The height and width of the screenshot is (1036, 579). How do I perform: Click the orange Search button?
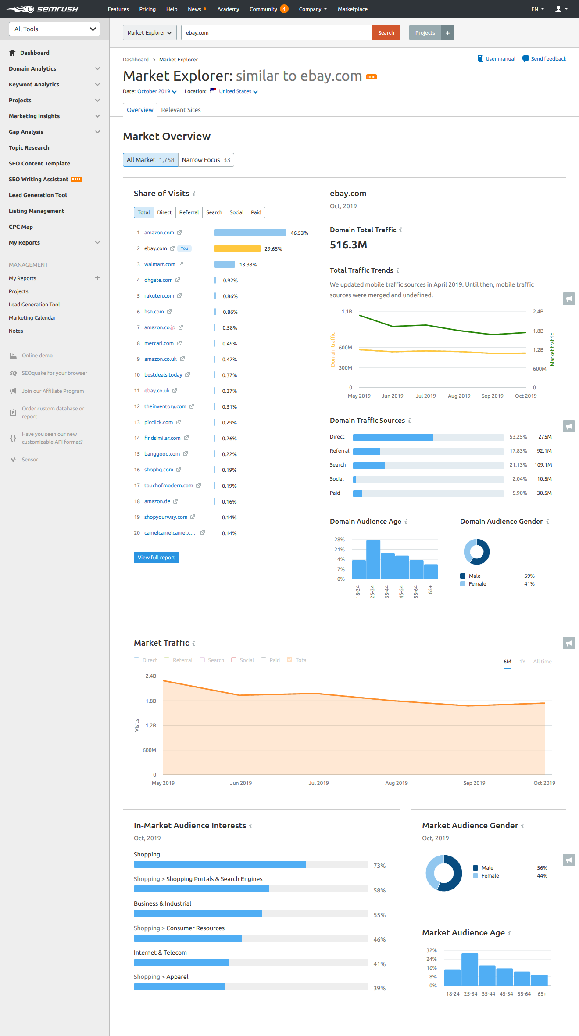point(386,33)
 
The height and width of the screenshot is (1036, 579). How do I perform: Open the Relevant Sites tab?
point(181,110)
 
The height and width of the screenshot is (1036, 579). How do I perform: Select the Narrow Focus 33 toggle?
point(206,160)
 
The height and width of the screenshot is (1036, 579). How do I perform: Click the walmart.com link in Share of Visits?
point(160,264)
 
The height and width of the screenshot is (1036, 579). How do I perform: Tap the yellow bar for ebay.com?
point(237,248)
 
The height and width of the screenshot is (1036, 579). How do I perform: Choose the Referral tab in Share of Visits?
point(189,212)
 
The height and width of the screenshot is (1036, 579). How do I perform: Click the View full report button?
point(156,558)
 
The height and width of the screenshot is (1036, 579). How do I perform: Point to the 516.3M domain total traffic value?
point(348,245)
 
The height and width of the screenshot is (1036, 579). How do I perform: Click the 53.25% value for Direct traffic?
point(518,437)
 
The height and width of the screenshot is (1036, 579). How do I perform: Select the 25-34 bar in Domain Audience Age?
point(373,560)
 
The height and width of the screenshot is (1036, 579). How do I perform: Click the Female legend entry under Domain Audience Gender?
point(477,584)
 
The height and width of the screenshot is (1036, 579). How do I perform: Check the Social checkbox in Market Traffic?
point(234,660)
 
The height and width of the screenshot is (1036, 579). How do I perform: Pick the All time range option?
point(542,662)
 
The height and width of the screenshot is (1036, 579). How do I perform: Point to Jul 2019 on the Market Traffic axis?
point(318,783)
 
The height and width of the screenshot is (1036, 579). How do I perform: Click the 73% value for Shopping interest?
point(379,866)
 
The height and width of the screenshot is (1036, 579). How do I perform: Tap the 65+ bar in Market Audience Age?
point(539,980)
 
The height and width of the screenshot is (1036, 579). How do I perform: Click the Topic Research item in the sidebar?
point(29,148)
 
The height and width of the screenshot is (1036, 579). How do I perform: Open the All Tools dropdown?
point(54,29)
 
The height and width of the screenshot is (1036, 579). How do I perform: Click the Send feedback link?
point(548,59)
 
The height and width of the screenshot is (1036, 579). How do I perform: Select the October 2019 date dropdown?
point(157,91)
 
